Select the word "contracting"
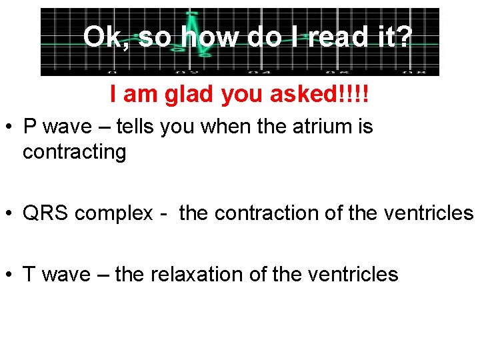point(74,153)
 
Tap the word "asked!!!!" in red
point(319,95)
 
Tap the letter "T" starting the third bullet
point(29,274)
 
